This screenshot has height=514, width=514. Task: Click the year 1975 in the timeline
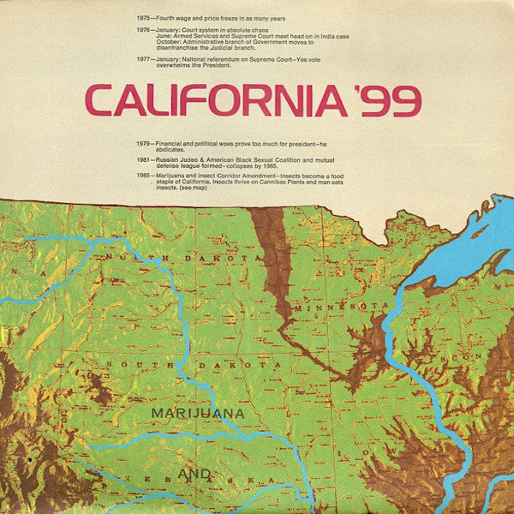tap(144, 17)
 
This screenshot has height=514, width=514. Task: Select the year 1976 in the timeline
tap(144, 29)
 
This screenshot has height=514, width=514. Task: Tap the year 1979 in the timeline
tap(144, 143)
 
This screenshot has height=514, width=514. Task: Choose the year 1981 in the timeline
tap(144, 159)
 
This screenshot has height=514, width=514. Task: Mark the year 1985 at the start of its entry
tap(144, 175)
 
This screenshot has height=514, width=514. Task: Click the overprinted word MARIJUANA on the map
tap(198, 413)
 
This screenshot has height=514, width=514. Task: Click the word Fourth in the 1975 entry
tap(170, 17)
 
